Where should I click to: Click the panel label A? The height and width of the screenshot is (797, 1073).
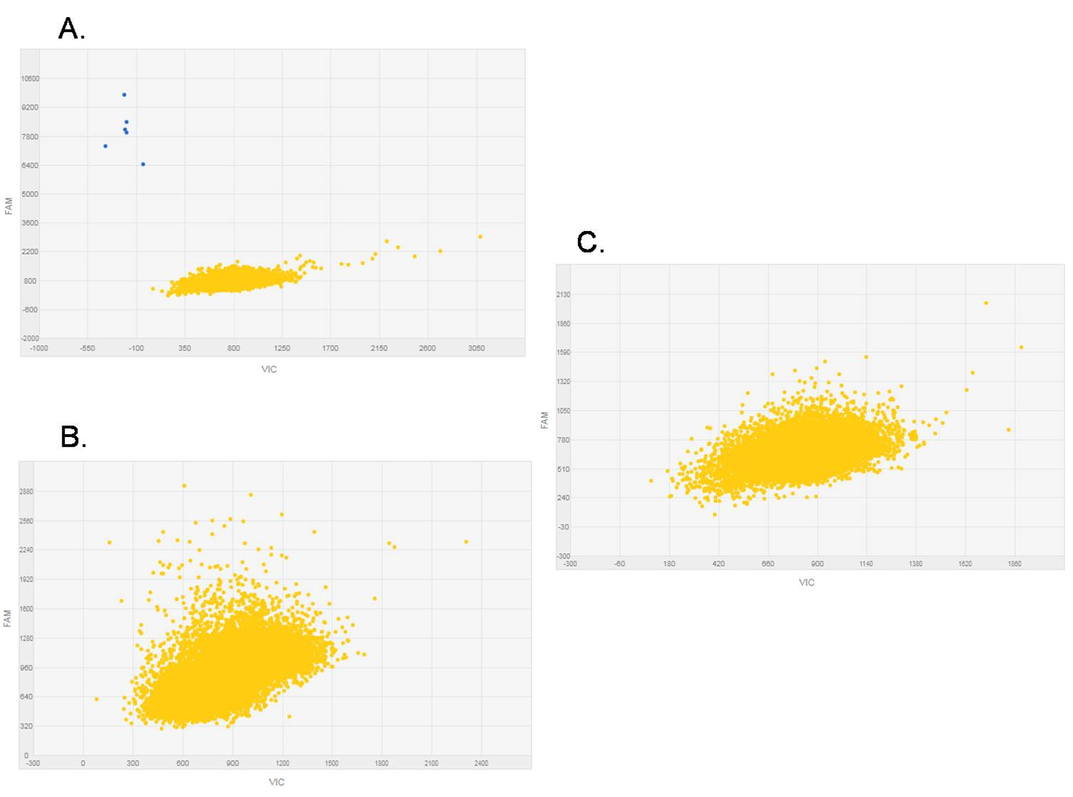(x=71, y=29)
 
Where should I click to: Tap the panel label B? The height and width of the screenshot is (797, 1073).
(x=73, y=436)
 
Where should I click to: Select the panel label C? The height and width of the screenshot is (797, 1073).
(x=590, y=243)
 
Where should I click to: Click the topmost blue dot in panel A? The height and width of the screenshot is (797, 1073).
(x=124, y=94)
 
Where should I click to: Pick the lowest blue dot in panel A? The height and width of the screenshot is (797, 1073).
(x=143, y=165)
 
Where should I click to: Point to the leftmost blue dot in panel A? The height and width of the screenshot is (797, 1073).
(x=105, y=146)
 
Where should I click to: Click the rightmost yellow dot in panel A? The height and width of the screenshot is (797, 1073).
(x=480, y=237)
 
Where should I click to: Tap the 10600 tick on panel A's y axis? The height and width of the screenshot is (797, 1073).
(x=30, y=79)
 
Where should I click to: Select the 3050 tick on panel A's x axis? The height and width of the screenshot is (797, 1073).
(x=476, y=348)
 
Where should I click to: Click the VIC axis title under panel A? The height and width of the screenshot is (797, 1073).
(x=269, y=369)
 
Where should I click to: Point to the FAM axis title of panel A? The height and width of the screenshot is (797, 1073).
(x=9, y=206)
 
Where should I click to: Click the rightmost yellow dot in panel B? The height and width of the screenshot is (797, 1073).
(x=466, y=542)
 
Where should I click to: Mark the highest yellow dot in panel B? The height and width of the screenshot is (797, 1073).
(x=184, y=486)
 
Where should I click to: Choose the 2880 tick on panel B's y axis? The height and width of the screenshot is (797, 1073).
(x=26, y=492)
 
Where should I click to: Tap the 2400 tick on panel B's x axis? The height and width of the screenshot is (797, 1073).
(x=481, y=763)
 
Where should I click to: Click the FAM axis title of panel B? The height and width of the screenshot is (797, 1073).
(x=7, y=619)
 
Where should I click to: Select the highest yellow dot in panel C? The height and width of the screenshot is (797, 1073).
(x=986, y=303)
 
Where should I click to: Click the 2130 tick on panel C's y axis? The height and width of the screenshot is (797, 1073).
(x=563, y=295)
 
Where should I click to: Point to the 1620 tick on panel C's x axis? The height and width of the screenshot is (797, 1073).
(x=964, y=564)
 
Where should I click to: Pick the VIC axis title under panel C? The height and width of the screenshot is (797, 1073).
(x=806, y=582)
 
